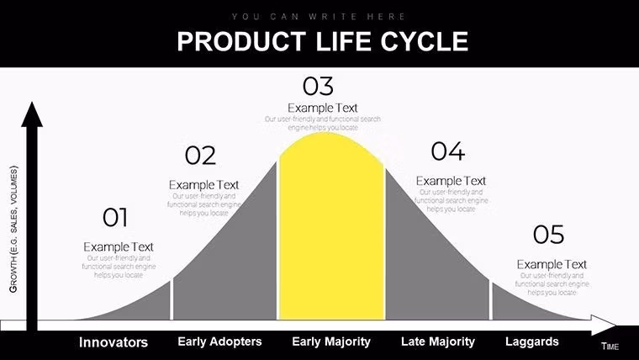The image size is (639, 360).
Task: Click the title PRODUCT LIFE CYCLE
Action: [x=322, y=41]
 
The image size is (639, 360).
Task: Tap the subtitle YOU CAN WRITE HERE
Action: [x=319, y=16]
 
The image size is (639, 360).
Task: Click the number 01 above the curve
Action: [x=115, y=218]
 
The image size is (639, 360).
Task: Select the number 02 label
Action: [x=200, y=156]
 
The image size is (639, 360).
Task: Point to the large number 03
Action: [x=318, y=86]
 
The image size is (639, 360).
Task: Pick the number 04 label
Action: [x=447, y=151]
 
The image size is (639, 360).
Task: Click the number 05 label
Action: [x=548, y=235]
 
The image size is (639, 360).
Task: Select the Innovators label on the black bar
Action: [x=114, y=342]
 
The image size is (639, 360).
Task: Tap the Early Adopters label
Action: [x=220, y=341]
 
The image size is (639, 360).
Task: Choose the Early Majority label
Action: [x=331, y=341]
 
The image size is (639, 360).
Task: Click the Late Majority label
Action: [x=438, y=341]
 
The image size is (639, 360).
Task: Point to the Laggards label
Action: [x=531, y=341]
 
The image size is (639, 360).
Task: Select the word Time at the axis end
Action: [x=610, y=347]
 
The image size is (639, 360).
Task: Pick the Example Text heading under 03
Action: [x=323, y=108]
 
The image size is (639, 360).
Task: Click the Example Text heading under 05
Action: [x=552, y=264]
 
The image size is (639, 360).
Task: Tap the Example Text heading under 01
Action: [x=119, y=246]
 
